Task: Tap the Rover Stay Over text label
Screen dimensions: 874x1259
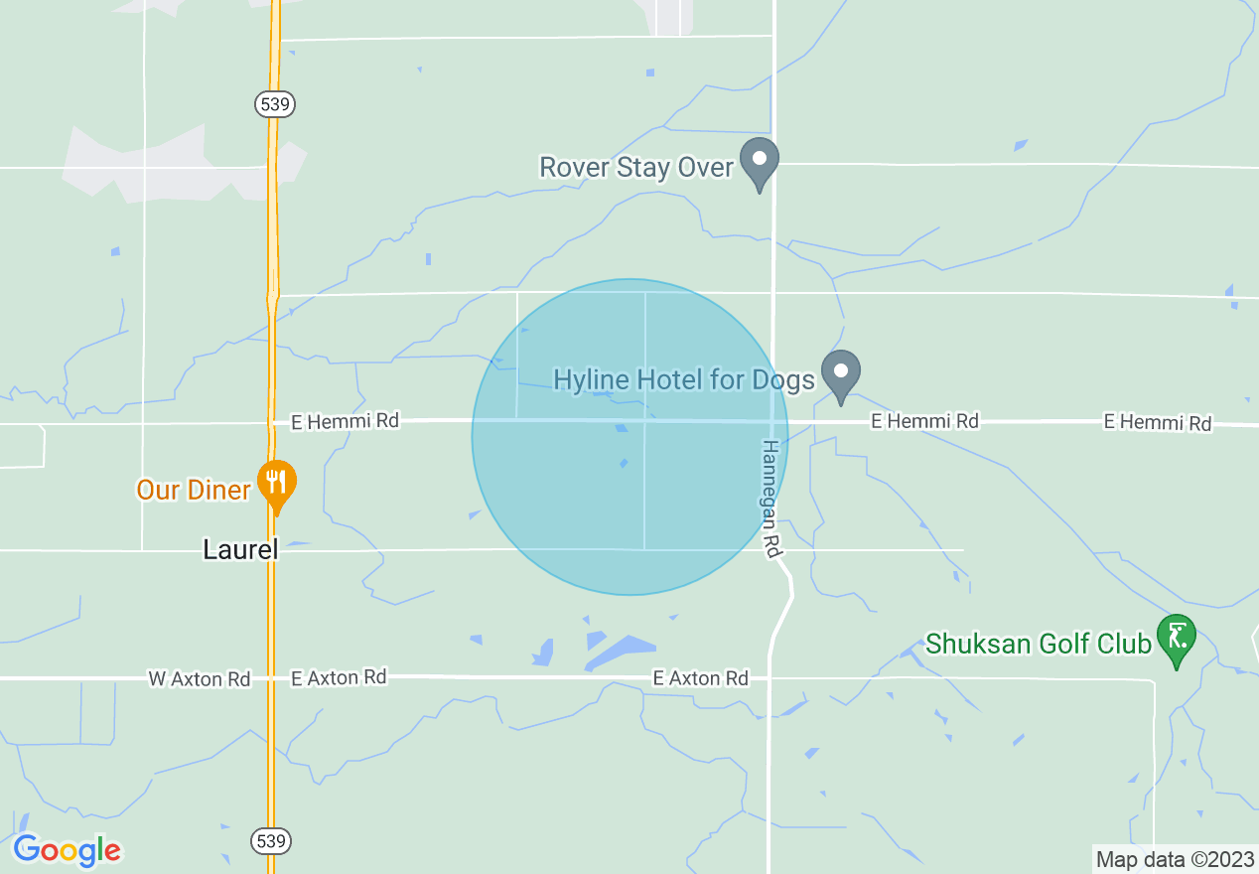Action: pos(635,166)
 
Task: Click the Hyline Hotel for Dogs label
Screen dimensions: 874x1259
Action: pos(684,379)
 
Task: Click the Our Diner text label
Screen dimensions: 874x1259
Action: pos(195,490)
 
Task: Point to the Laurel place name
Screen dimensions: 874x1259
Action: pos(240,549)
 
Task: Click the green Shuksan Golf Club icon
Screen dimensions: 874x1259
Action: pos(1177,637)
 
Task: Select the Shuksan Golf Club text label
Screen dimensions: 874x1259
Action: pos(1039,644)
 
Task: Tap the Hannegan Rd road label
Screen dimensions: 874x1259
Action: pos(769,499)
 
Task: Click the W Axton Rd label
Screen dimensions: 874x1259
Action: pos(200,679)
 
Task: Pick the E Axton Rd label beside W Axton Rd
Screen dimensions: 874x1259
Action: pos(339,677)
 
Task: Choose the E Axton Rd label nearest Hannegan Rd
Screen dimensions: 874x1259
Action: pos(701,678)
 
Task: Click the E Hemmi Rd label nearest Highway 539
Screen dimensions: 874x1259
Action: pos(345,421)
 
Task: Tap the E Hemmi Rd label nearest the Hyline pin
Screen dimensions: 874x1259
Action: pos(924,421)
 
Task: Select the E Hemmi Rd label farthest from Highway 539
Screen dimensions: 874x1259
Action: pos(1158,423)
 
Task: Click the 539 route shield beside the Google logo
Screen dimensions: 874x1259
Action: pos(274,840)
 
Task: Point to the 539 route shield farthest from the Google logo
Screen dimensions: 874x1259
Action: pos(274,103)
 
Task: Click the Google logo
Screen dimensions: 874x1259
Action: pos(68,850)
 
